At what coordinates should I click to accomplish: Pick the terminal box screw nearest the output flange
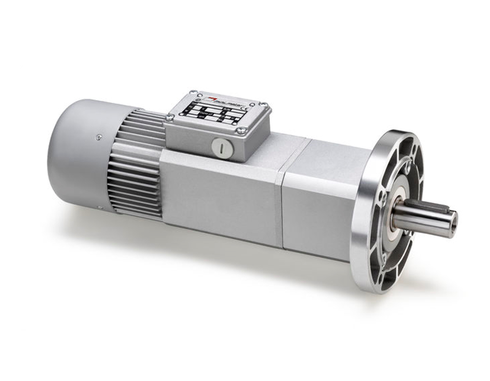264,105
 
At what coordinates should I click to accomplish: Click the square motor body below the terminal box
217,192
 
